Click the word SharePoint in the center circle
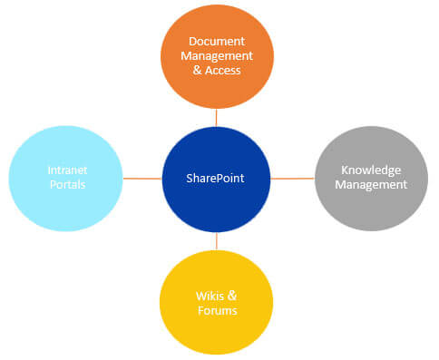click(x=216, y=178)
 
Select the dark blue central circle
click(x=216, y=204)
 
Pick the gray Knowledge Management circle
click(x=370, y=204)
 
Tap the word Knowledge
click(x=370, y=170)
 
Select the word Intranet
click(x=66, y=170)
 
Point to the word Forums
click(x=217, y=311)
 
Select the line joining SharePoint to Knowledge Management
click(x=293, y=178)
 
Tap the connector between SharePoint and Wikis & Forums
click(x=216, y=239)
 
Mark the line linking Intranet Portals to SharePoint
click(x=141, y=178)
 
